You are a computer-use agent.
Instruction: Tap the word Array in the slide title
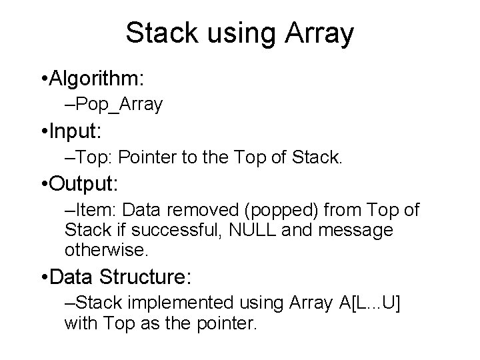[318, 33]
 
